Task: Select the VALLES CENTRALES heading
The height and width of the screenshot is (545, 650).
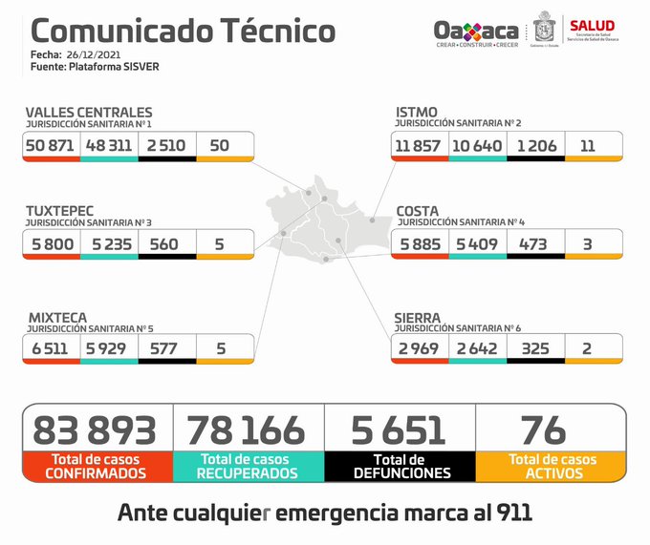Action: (x=88, y=113)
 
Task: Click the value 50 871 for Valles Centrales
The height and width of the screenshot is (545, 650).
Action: (x=53, y=144)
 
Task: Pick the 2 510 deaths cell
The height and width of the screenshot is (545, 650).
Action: (x=166, y=144)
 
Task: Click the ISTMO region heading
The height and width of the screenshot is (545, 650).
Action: (x=417, y=113)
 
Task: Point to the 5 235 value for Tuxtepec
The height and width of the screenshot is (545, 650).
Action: (x=109, y=243)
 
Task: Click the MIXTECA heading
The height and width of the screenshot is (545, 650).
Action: (x=56, y=317)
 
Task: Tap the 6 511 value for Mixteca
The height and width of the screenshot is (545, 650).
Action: (x=50, y=348)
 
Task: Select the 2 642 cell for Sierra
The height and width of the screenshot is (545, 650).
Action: (x=477, y=348)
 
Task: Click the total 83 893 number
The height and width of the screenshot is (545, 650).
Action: (x=95, y=430)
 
